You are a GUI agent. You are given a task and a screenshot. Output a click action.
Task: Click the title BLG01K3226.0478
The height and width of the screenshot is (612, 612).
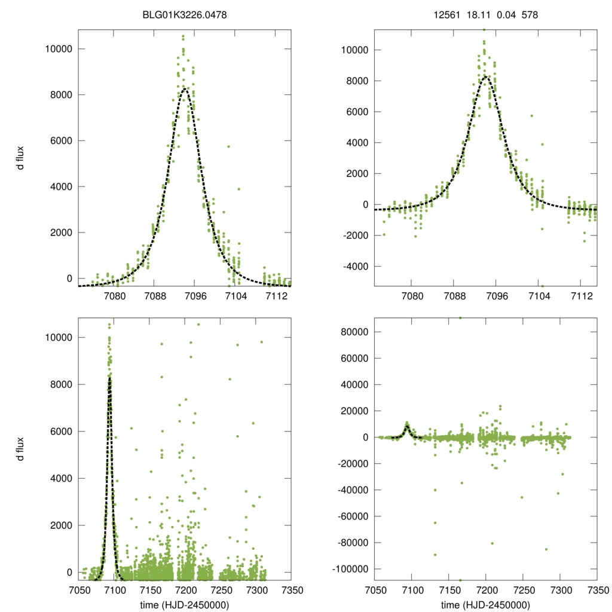184,14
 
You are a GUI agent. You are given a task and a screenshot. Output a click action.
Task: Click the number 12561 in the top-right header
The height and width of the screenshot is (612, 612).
446,14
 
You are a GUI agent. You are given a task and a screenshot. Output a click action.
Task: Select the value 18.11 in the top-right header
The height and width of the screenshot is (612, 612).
475,14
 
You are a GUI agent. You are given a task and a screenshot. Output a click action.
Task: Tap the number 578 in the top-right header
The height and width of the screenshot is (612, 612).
530,14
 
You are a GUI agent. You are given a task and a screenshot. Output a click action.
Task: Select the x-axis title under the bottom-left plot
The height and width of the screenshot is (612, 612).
184,605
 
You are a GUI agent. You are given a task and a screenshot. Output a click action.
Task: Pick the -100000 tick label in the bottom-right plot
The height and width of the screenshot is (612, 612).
350,568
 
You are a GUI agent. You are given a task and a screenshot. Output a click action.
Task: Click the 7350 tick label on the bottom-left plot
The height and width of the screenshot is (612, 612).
290,590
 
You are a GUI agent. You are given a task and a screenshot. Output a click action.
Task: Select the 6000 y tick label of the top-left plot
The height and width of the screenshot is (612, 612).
59,140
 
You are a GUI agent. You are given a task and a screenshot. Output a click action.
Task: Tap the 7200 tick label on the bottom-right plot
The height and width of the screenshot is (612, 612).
486,590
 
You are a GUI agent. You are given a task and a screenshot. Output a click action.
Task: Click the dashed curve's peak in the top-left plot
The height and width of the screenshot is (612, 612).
185,88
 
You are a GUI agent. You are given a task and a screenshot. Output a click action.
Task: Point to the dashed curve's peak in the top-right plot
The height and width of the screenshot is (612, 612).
486,76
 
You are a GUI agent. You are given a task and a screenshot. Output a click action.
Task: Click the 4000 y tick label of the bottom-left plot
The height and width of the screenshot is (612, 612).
59,478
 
